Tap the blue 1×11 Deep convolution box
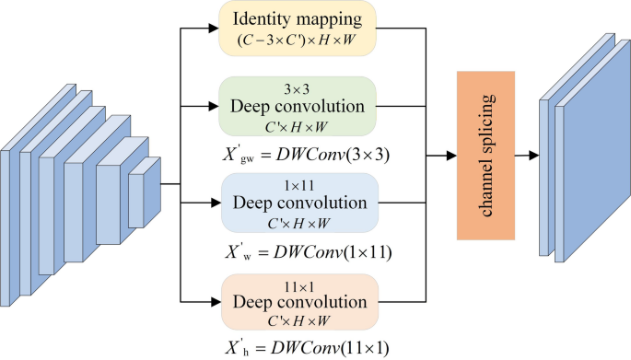point(298,202)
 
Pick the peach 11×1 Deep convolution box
point(298,301)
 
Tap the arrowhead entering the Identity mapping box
point(213,28)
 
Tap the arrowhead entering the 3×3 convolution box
point(213,106)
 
